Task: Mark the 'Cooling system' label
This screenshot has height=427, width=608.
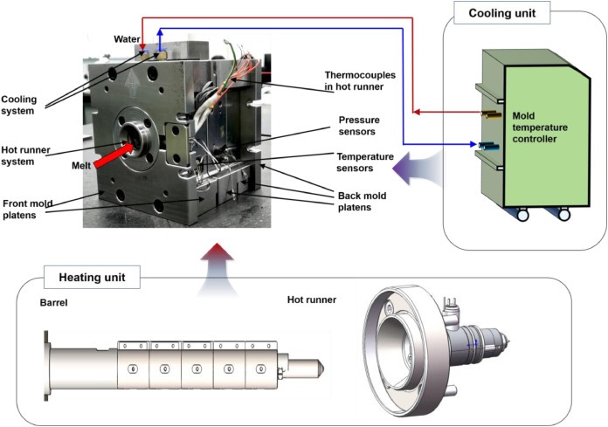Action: [x=19, y=105]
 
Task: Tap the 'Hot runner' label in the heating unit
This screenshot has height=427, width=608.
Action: [x=313, y=300]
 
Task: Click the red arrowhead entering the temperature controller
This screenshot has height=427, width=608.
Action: [x=418, y=111]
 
